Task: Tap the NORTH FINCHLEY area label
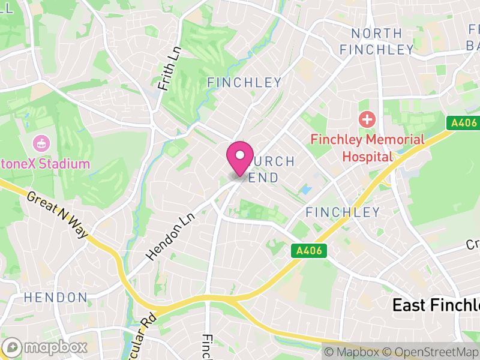pyautogui.click(x=377, y=41)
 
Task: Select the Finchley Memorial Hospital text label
pyautogui.click(x=367, y=148)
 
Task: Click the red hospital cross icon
pyautogui.click(x=366, y=119)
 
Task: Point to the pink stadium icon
pyautogui.click(x=41, y=143)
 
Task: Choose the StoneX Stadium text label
pyautogui.click(x=45, y=164)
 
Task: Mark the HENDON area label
pyautogui.click(x=55, y=298)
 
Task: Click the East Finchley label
pyautogui.click(x=436, y=305)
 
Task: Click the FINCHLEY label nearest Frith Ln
pyautogui.click(x=244, y=83)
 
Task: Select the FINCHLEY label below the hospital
pyautogui.click(x=343, y=212)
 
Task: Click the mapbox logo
pyautogui.click(x=45, y=347)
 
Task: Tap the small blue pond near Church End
pyautogui.click(x=307, y=190)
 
